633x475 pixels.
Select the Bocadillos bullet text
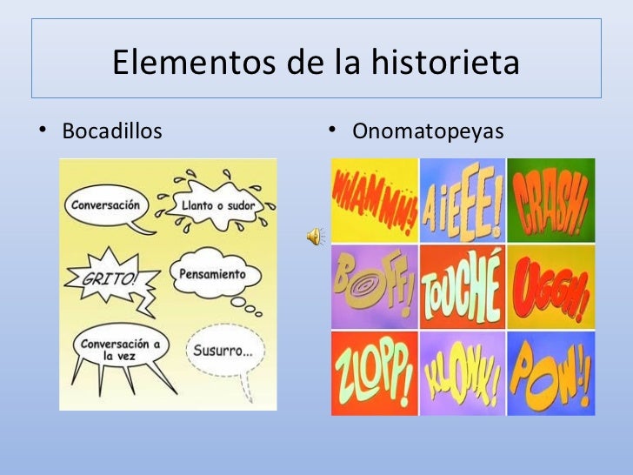coord(111,132)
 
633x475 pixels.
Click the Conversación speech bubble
coord(103,207)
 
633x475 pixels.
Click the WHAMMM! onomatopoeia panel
coord(374,200)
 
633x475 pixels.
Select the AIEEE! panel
coord(462,200)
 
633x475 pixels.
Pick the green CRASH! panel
coord(551,200)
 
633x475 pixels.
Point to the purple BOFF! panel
coord(374,286)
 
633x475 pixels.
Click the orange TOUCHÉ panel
coord(462,286)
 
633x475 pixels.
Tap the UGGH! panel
coord(551,286)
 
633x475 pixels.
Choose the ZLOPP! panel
coord(374,372)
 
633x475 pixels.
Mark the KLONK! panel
coord(462,372)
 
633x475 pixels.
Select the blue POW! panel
coord(551,372)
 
